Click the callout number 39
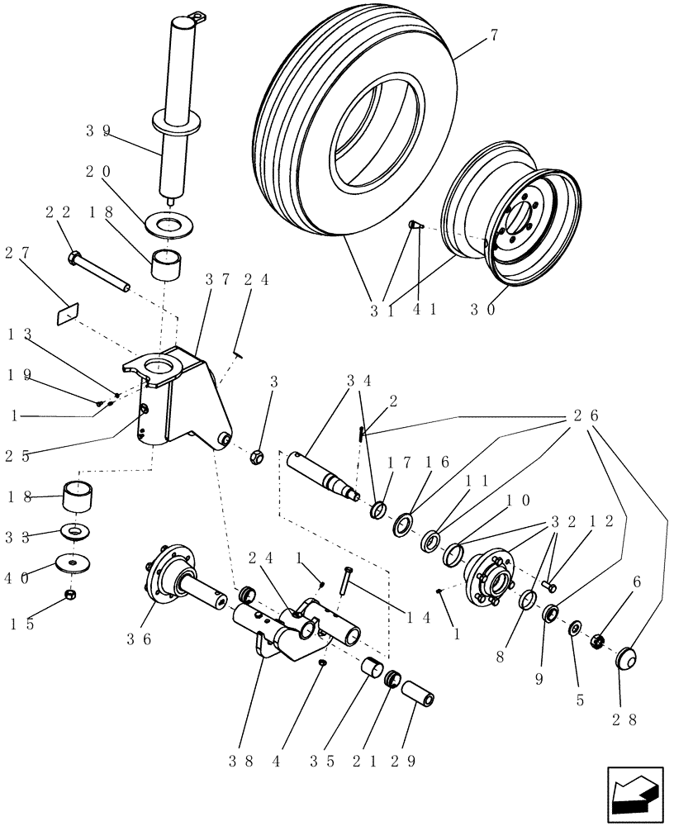97,130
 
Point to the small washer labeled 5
572,630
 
